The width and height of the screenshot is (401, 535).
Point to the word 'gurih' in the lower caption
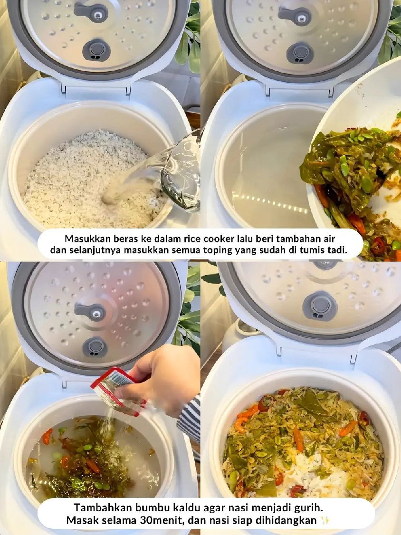[307, 507]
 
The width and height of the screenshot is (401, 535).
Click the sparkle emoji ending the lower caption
[326, 520]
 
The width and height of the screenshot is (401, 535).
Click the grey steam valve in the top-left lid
[96, 49]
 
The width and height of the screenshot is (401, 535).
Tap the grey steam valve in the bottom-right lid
[320, 306]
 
